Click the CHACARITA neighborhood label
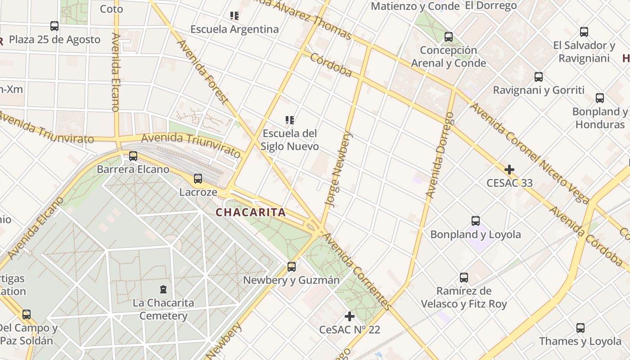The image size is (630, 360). (x=251, y=212)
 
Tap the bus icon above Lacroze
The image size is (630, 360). (x=198, y=179)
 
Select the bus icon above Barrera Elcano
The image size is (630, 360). (x=133, y=156)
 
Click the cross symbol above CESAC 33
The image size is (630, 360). (x=509, y=170)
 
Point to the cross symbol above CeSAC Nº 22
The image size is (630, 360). (x=350, y=316)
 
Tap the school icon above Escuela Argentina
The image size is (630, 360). (x=234, y=16)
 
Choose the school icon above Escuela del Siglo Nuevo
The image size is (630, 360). (x=290, y=120)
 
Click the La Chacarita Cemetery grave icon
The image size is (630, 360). (x=163, y=289)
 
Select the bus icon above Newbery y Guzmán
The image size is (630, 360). (x=292, y=267)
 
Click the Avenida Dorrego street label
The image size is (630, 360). (x=440, y=155)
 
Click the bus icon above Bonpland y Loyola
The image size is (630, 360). (x=476, y=221)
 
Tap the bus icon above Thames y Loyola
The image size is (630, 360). (x=580, y=328)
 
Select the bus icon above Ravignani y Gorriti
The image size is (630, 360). (x=539, y=77)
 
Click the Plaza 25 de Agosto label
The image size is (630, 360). (x=54, y=40)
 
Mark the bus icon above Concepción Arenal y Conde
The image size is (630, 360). (x=449, y=37)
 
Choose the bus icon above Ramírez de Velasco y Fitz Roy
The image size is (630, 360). (x=464, y=278)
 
